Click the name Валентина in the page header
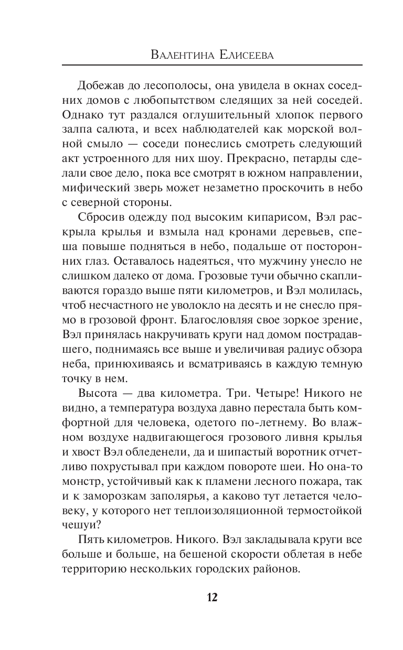click(x=176, y=54)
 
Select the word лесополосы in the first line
click(x=163, y=85)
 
